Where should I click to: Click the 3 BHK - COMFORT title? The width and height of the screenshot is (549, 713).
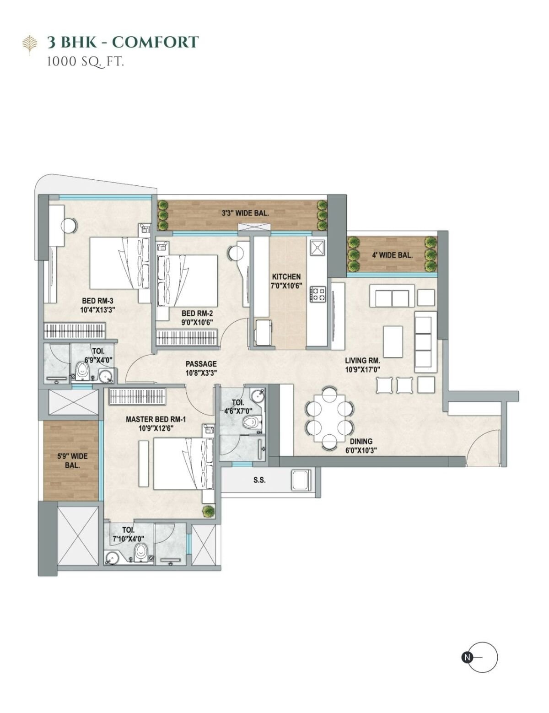pos(123,42)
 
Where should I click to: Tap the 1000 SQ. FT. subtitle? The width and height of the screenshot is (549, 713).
pos(86,62)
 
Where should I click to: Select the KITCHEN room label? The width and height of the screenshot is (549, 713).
pos(286,276)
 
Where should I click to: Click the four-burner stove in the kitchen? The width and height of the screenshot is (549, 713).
pos(318,294)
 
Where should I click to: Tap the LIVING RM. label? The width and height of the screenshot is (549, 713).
pos(362,361)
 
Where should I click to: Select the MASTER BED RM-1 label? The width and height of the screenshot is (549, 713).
pos(156,419)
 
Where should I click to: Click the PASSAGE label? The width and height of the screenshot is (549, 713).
pos(201,364)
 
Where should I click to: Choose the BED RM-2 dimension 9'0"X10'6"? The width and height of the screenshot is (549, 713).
pos(197,323)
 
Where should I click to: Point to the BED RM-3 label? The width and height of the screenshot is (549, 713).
pos(97,301)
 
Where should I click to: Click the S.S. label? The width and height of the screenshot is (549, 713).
pos(259,480)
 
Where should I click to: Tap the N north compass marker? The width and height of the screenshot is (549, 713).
pos(467,657)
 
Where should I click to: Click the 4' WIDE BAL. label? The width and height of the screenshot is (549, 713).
pos(392,255)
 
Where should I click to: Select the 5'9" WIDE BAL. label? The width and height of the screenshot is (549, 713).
pos(72,460)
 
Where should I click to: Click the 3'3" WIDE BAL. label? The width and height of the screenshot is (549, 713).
pos(245,213)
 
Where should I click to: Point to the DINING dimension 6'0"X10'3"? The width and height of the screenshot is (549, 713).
pos(361,451)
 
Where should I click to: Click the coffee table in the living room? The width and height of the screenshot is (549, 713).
pos(393,341)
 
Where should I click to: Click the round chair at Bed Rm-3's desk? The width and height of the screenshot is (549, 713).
pos(69,226)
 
